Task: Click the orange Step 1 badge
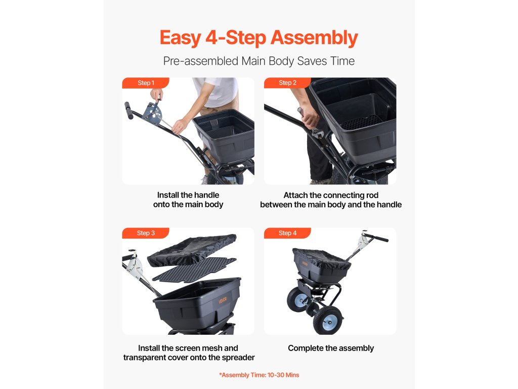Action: click(x=146, y=83)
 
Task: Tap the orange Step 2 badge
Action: click(x=287, y=83)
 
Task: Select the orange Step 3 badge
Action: click(x=146, y=233)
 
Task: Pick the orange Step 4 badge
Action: click(x=287, y=233)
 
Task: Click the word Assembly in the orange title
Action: click(x=314, y=38)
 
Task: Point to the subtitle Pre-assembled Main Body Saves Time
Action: click(x=259, y=61)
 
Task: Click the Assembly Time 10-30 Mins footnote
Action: click(x=259, y=375)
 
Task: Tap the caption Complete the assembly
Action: click(x=331, y=348)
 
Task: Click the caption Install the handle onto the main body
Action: click(x=188, y=200)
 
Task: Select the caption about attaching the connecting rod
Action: click(x=331, y=200)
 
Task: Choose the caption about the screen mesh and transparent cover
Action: click(x=189, y=353)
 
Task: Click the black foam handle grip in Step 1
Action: click(x=129, y=110)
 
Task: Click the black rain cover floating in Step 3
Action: click(x=192, y=249)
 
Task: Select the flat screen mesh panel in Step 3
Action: click(x=194, y=269)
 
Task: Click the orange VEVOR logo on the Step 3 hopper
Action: click(x=223, y=300)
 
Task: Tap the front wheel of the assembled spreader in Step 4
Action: click(x=327, y=320)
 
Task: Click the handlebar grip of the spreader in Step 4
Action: click(x=376, y=237)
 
